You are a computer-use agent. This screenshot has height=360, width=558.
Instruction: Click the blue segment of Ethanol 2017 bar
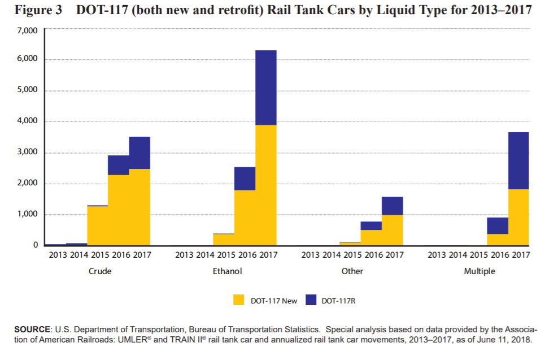pyautogui.click(x=265, y=88)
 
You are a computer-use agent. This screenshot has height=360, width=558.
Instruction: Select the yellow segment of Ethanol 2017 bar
pyautogui.click(x=265, y=185)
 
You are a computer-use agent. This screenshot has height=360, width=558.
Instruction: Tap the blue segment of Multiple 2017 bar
pyautogui.click(x=518, y=161)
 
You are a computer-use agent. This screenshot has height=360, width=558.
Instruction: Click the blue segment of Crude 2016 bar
pyautogui.click(x=118, y=165)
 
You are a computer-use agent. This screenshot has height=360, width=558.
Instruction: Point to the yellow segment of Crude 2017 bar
pyautogui.click(x=139, y=207)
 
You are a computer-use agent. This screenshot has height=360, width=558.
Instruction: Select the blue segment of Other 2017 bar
pyautogui.click(x=392, y=206)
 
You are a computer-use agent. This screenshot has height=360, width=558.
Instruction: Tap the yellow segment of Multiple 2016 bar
pyautogui.click(x=497, y=240)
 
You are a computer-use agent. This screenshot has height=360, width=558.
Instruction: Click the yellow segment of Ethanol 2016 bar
pyautogui.click(x=245, y=218)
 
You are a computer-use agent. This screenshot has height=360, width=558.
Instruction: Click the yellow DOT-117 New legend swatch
pyautogui.click(x=239, y=300)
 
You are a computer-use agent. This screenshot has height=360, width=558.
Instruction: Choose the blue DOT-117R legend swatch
pyautogui.click(x=310, y=300)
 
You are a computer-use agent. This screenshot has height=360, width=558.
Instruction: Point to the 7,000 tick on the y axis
pyautogui.click(x=28, y=29)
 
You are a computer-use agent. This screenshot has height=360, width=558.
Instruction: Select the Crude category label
pyautogui.click(x=100, y=271)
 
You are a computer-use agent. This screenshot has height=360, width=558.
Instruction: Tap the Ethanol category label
pyautogui.click(x=227, y=271)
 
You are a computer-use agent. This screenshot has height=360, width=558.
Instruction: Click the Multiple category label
pyautogui.click(x=479, y=271)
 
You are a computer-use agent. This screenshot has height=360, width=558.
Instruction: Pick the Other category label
pyautogui.click(x=352, y=271)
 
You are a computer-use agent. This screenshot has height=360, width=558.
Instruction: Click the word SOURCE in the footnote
pyautogui.click(x=32, y=329)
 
